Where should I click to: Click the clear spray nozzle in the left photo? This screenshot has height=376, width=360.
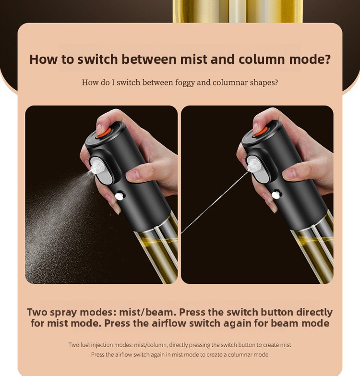coord(97,167)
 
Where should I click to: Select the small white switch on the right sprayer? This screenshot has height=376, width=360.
coord(276,195)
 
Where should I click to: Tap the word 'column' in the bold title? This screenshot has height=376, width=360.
coord(262,59)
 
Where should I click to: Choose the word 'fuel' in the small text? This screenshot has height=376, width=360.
coord(83,345)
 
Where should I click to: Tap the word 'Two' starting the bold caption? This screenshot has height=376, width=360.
coord(36,312)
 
